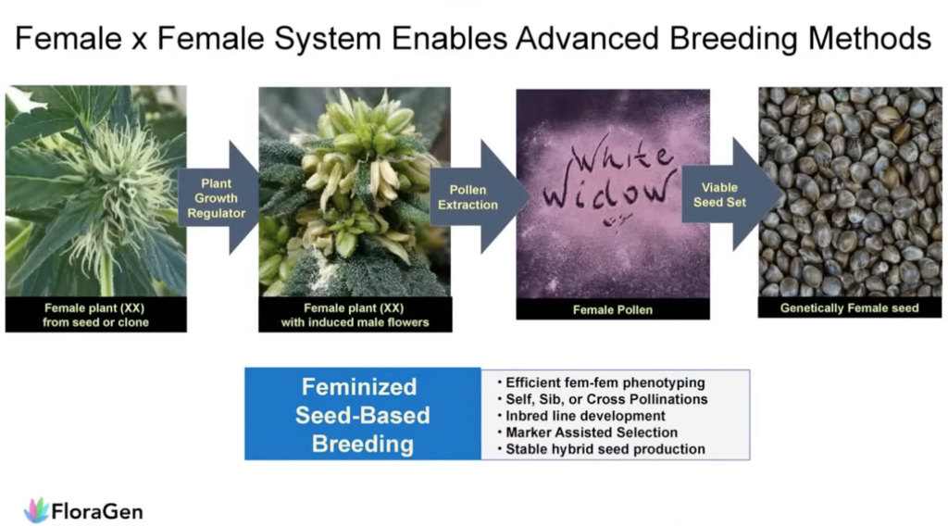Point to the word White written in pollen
pos(622,157)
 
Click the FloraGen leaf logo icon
pos(36,510)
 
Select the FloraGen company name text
pos(96,512)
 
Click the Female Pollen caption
pos(613,310)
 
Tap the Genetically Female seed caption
pos(850,308)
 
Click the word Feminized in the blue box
pos(359,387)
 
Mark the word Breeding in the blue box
pos(363,444)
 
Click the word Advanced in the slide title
pos(587,38)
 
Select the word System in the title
pos(327,39)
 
